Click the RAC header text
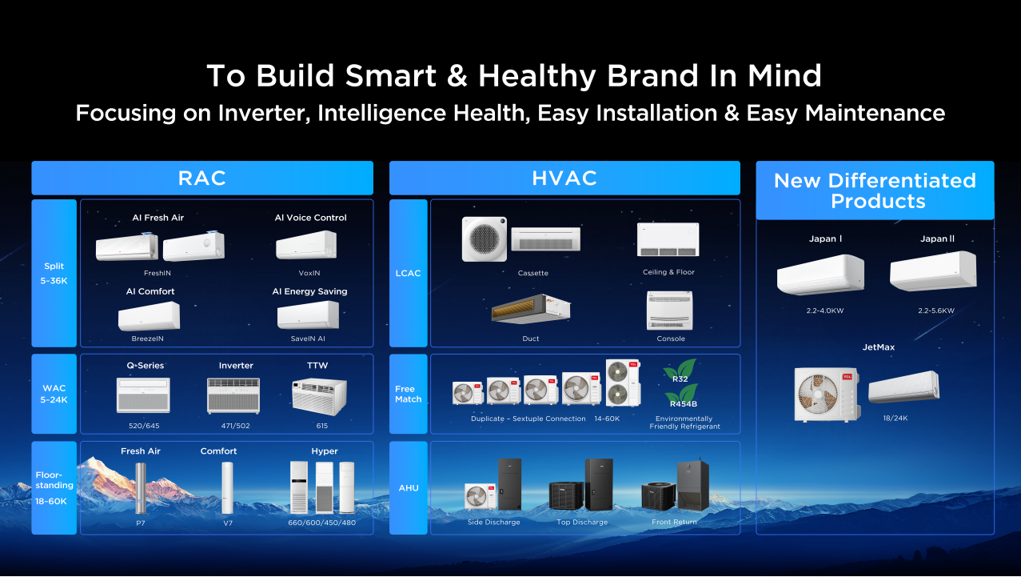coord(202,178)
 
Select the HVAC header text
coord(564,178)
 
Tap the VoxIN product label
coord(309,273)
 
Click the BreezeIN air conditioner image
coord(149,316)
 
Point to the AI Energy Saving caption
coord(309,291)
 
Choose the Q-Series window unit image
coord(143,395)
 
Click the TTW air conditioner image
coord(319,397)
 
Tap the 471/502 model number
coord(235,426)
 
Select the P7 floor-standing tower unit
coord(141,488)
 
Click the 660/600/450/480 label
coord(321,523)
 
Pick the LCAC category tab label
coord(408,273)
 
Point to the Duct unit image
coord(531,309)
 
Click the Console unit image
coord(669,311)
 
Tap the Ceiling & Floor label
coord(668,272)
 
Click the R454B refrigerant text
coord(684,403)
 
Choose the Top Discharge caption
coord(582,522)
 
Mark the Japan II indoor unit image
coord(933,270)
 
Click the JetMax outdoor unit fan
coord(818,394)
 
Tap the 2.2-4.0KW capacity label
coord(825,311)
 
